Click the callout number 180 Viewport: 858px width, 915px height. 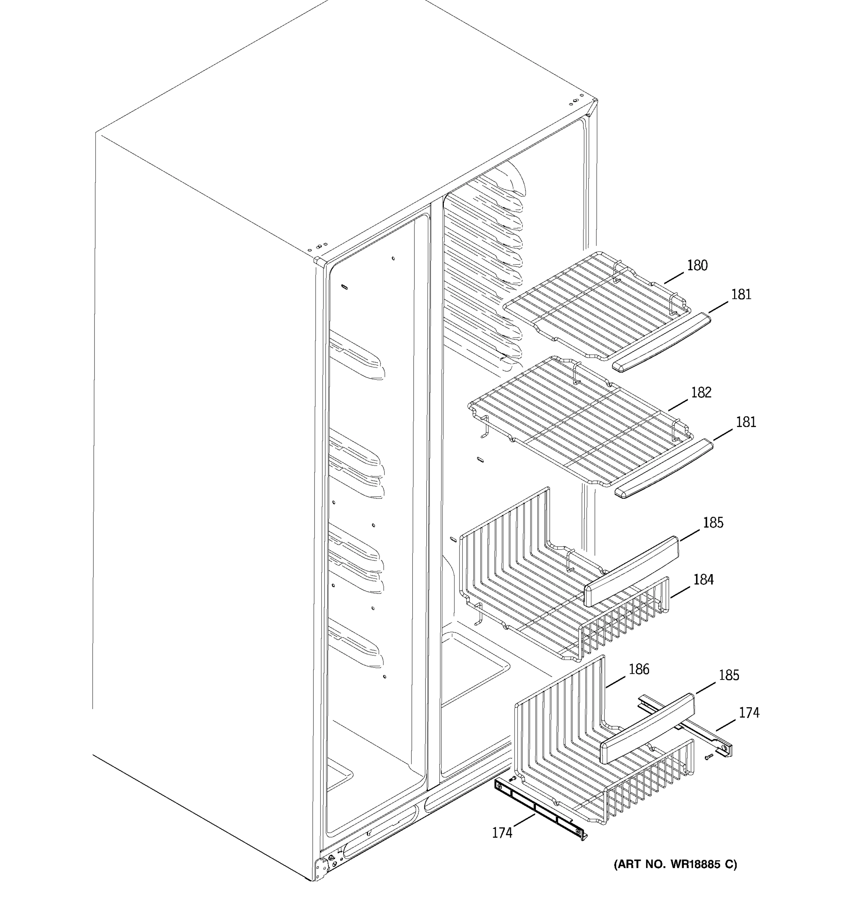click(x=697, y=266)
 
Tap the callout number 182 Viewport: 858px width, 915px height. click(x=701, y=393)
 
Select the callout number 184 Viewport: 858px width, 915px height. click(x=703, y=579)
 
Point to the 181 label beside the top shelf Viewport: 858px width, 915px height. click(x=741, y=295)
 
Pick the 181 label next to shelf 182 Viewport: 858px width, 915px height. click(x=746, y=422)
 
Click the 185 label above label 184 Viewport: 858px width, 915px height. click(x=713, y=523)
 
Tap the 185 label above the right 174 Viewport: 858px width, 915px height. click(x=729, y=676)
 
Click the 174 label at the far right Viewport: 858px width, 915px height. click(x=749, y=713)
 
